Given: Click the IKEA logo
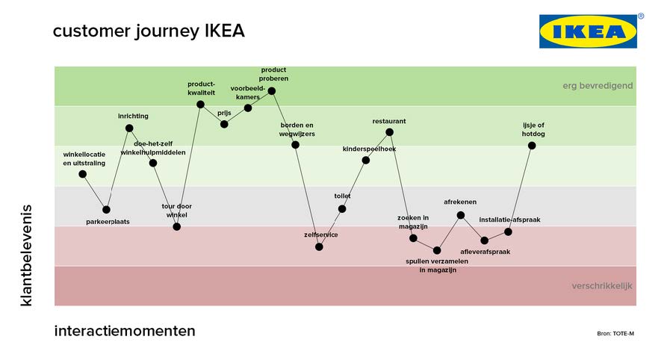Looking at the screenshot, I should (x=588, y=31).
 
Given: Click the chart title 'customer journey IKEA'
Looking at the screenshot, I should (x=149, y=31).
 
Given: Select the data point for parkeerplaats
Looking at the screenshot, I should (x=106, y=210).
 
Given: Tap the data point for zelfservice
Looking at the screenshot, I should (x=319, y=246).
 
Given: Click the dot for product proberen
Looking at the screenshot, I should (x=272, y=91).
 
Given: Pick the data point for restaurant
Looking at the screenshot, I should (x=389, y=132).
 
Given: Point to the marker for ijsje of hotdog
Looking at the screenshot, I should (x=532, y=146).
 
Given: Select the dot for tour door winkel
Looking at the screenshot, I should (x=177, y=226).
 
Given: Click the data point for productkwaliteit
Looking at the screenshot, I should (x=200, y=105).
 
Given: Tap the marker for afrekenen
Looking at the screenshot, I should (x=460, y=215).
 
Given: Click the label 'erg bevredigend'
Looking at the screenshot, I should (x=598, y=86).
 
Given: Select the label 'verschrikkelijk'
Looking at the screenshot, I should (x=602, y=286).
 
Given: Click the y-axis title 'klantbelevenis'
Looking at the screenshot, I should (x=27, y=254).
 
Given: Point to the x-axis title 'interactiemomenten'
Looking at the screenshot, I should (x=125, y=331).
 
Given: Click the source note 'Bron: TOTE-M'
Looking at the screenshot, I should (x=615, y=333).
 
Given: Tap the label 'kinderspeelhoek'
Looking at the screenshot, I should (x=369, y=149).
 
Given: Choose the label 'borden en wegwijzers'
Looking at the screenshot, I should (x=297, y=129).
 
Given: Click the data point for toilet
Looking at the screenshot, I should (x=342, y=209).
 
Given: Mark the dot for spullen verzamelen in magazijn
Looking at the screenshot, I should (x=437, y=250).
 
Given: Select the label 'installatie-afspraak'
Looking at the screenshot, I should (x=509, y=220).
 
